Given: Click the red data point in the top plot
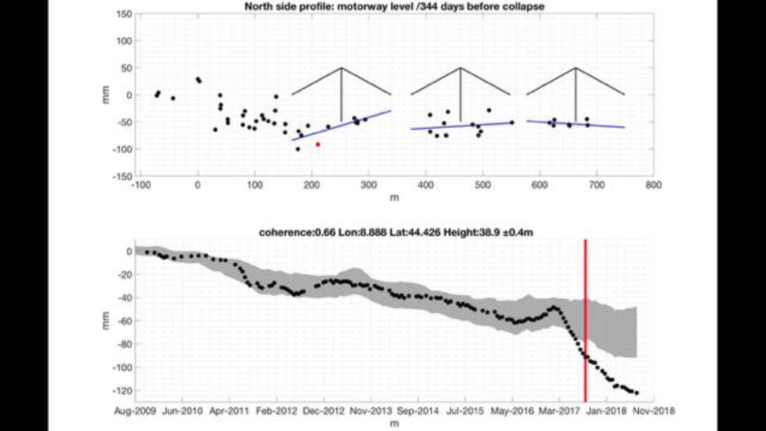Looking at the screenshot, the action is [318, 145].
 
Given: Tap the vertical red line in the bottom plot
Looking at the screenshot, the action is [585, 320].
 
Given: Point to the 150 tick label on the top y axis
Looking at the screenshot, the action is [124, 14].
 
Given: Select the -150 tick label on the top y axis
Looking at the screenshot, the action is [122, 177].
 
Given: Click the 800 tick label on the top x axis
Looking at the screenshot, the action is [653, 185].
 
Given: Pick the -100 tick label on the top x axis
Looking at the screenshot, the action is [141, 185].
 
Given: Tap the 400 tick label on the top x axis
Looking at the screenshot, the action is [425, 185].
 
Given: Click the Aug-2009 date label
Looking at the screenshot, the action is [135, 411].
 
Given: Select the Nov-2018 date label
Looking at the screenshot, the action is [654, 411].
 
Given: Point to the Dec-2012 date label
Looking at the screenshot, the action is [324, 411].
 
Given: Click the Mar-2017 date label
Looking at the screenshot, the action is [559, 411].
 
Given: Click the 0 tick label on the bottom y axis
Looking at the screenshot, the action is [129, 251].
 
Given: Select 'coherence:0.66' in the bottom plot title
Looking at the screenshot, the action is [297, 233].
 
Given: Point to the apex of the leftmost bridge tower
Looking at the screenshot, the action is [341, 68].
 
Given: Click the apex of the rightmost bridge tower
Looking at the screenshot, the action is [576, 68].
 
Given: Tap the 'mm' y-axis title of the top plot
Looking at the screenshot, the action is [106, 95].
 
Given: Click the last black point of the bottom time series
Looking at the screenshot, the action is [637, 393].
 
